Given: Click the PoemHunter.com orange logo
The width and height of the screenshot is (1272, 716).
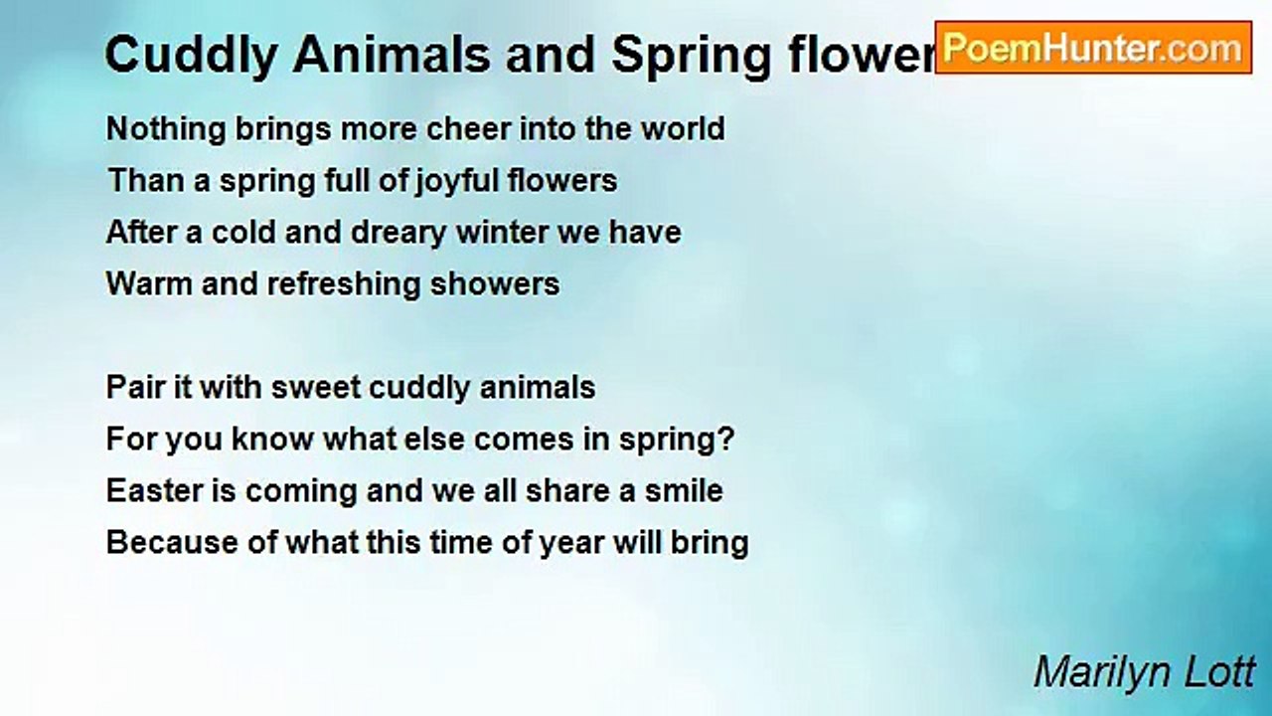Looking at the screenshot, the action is point(1093,48).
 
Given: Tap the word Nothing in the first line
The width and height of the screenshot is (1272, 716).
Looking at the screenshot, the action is point(166,130).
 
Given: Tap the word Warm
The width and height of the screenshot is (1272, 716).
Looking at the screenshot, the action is point(149,284).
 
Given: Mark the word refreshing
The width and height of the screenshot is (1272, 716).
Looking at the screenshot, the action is point(344,285).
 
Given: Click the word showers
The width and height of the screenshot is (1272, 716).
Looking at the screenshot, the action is point(495,284).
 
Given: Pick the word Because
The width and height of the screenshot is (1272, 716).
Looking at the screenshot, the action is point(172,543).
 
